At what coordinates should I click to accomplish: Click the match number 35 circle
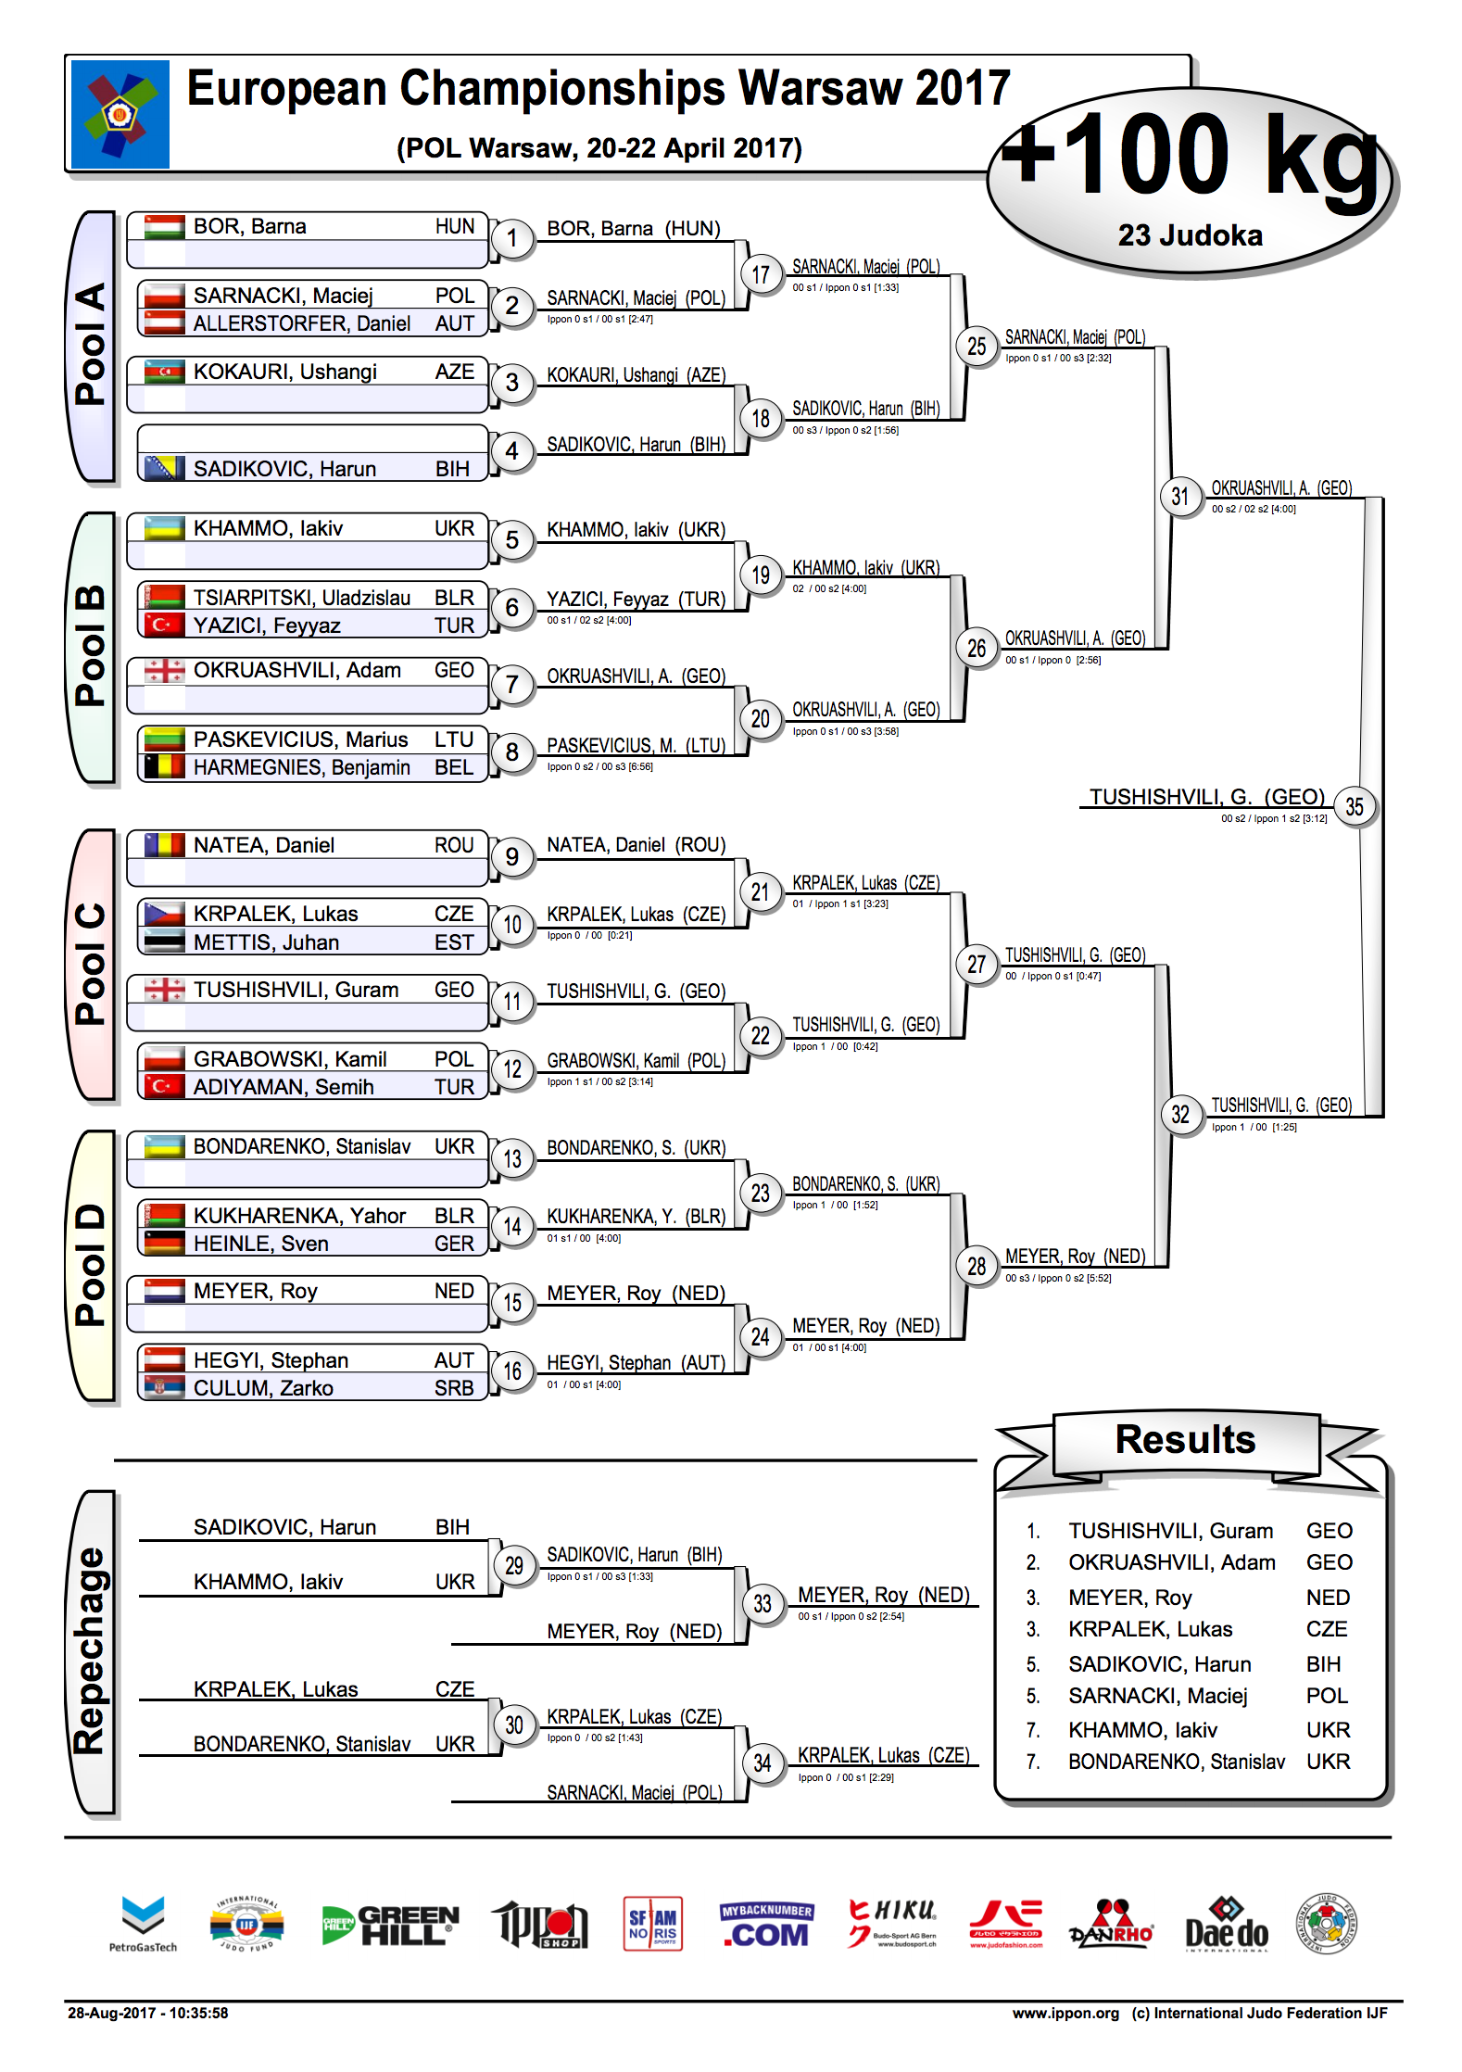pos(1355,807)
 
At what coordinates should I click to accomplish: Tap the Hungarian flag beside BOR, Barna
pos(164,227)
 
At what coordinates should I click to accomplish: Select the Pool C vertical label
pos(90,964)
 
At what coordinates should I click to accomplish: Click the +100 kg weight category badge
pos(1191,181)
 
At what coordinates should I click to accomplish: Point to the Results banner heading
pos(1185,1439)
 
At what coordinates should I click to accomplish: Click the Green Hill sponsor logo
pos(390,1926)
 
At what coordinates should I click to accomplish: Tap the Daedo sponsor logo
pos(1226,1926)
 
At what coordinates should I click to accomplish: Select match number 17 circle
pos(761,274)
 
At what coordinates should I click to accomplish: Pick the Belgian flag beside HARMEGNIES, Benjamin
pos(164,767)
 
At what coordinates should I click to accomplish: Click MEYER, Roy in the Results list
pos(1130,1598)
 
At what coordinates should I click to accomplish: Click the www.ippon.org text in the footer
pos(1065,2013)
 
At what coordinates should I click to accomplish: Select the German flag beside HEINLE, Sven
pos(164,1244)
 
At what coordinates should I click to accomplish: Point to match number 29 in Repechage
pos(513,1565)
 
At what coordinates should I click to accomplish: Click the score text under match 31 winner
pos(1254,509)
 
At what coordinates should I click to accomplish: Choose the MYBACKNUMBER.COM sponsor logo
pos(766,1926)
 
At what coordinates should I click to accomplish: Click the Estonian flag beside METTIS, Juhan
pos(164,942)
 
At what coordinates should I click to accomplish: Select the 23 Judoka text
pos(1191,235)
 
